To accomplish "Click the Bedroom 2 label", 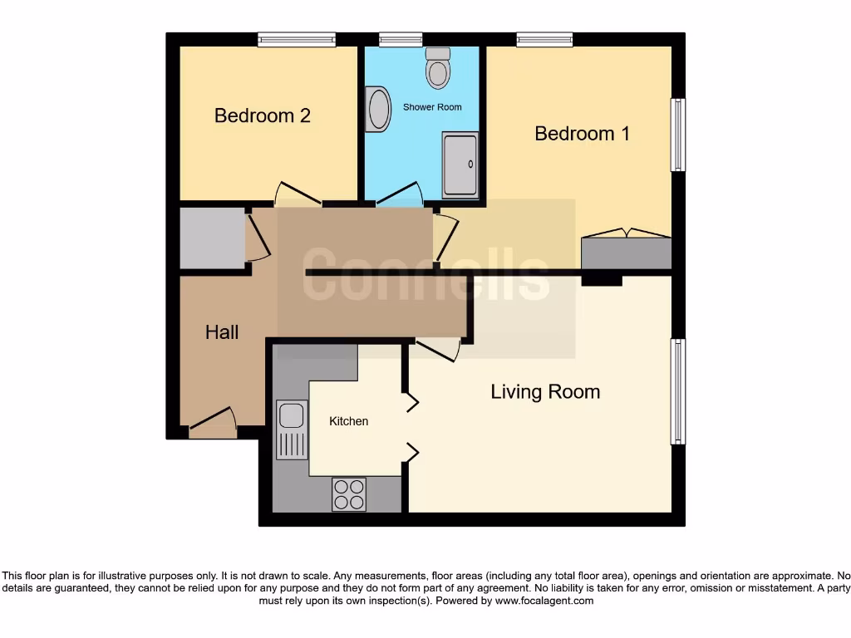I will (262, 115).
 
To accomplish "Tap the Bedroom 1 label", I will (582, 133).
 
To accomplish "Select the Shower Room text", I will (432, 107).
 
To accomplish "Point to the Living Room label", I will (545, 391).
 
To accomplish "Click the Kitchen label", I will (348, 421).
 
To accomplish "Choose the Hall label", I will (222, 332).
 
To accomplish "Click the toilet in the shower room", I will (437, 69).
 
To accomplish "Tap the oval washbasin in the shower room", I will (379, 110).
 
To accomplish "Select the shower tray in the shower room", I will (460, 164).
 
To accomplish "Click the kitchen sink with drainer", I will (291, 429).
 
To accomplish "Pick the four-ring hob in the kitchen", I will (349, 494).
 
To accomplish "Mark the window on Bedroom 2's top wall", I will (296, 39).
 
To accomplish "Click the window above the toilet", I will (401, 39).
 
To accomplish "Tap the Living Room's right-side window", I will (678, 391).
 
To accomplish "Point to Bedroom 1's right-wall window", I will (678, 135).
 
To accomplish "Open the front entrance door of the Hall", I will (213, 425).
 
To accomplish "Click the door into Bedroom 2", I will (298, 196).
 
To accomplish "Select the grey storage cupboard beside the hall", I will (212, 238).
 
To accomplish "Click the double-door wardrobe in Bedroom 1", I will (626, 252).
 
